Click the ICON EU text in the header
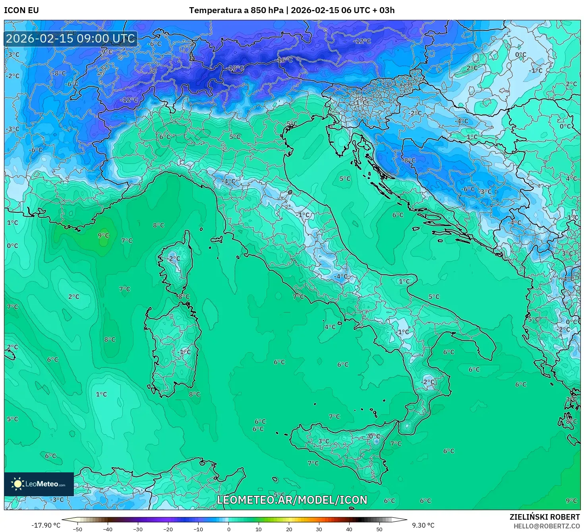point(21,10)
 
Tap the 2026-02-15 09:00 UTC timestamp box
point(71,39)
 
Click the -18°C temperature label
point(236,68)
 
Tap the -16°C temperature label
point(284,60)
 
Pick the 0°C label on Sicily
point(374,436)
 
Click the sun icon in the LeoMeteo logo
point(17,484)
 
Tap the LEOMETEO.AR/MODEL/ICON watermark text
point(292,500)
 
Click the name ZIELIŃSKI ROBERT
point(545,517)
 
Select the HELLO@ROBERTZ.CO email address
point(546,526)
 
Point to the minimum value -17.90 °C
point(46,525)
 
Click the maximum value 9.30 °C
point(423,525)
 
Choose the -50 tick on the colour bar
point(77,529)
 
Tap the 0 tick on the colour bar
point(228,529)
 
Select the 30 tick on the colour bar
point(319,529)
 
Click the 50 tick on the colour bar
point(379,529)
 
